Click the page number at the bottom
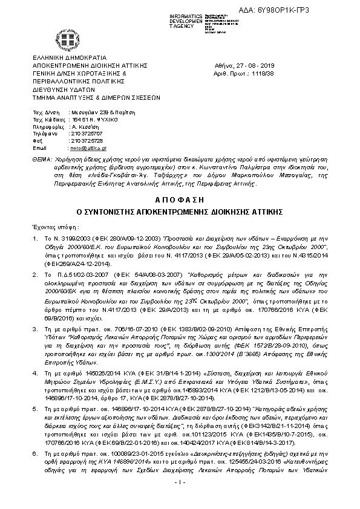click(x=179, y=500)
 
